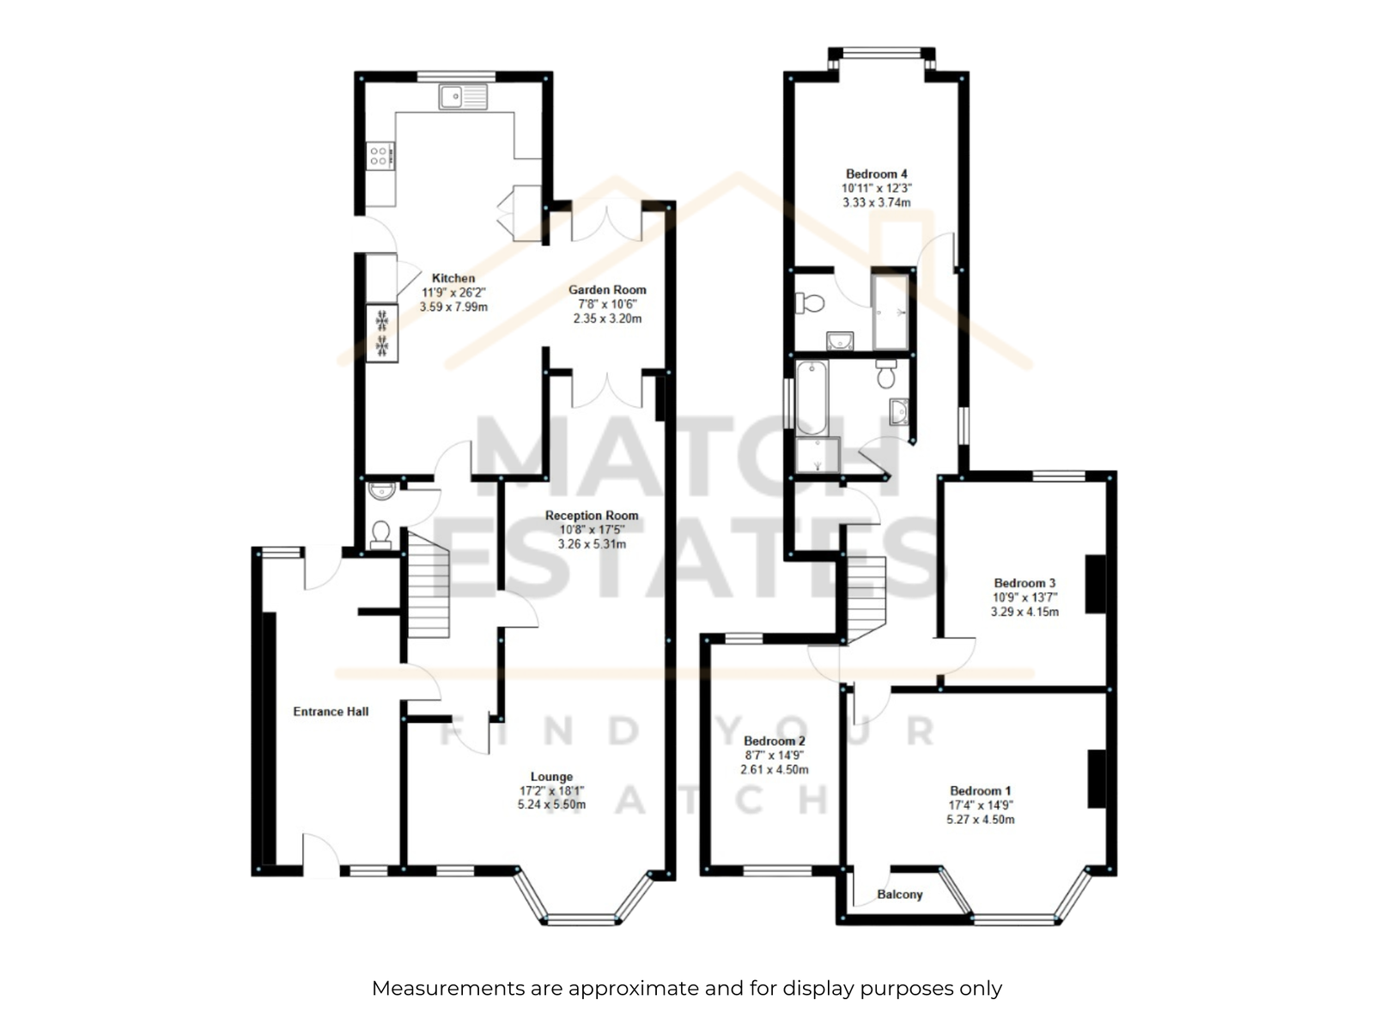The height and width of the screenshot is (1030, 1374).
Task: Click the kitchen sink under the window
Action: coord(463,98)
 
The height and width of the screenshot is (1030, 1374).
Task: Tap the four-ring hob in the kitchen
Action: coord(380,155)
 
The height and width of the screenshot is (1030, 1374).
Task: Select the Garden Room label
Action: coord(607,290)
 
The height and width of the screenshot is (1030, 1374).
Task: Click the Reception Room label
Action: coord(592,516)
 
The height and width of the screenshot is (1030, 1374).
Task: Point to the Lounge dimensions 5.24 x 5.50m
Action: coord(551,805)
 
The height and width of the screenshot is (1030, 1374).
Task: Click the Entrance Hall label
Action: coord(331,712)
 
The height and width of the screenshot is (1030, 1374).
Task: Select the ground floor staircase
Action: coord(429,585)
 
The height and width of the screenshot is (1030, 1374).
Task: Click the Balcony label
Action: coord(899,895)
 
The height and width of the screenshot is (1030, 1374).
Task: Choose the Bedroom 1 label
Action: coord(981,791)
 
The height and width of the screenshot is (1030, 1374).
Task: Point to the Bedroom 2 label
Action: coord(775,742)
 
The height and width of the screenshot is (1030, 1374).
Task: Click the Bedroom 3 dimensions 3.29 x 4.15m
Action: coord(1024,612)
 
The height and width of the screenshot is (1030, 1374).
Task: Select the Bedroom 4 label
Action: coord(877,174)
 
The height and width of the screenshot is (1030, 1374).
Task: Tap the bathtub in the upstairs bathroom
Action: coord(812,397)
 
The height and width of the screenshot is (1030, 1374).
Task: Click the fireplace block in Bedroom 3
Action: coord(1096,585)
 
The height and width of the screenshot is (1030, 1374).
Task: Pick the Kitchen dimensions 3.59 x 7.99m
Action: coord(453,307)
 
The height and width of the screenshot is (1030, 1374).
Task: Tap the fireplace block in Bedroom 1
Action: coord(1097,779)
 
